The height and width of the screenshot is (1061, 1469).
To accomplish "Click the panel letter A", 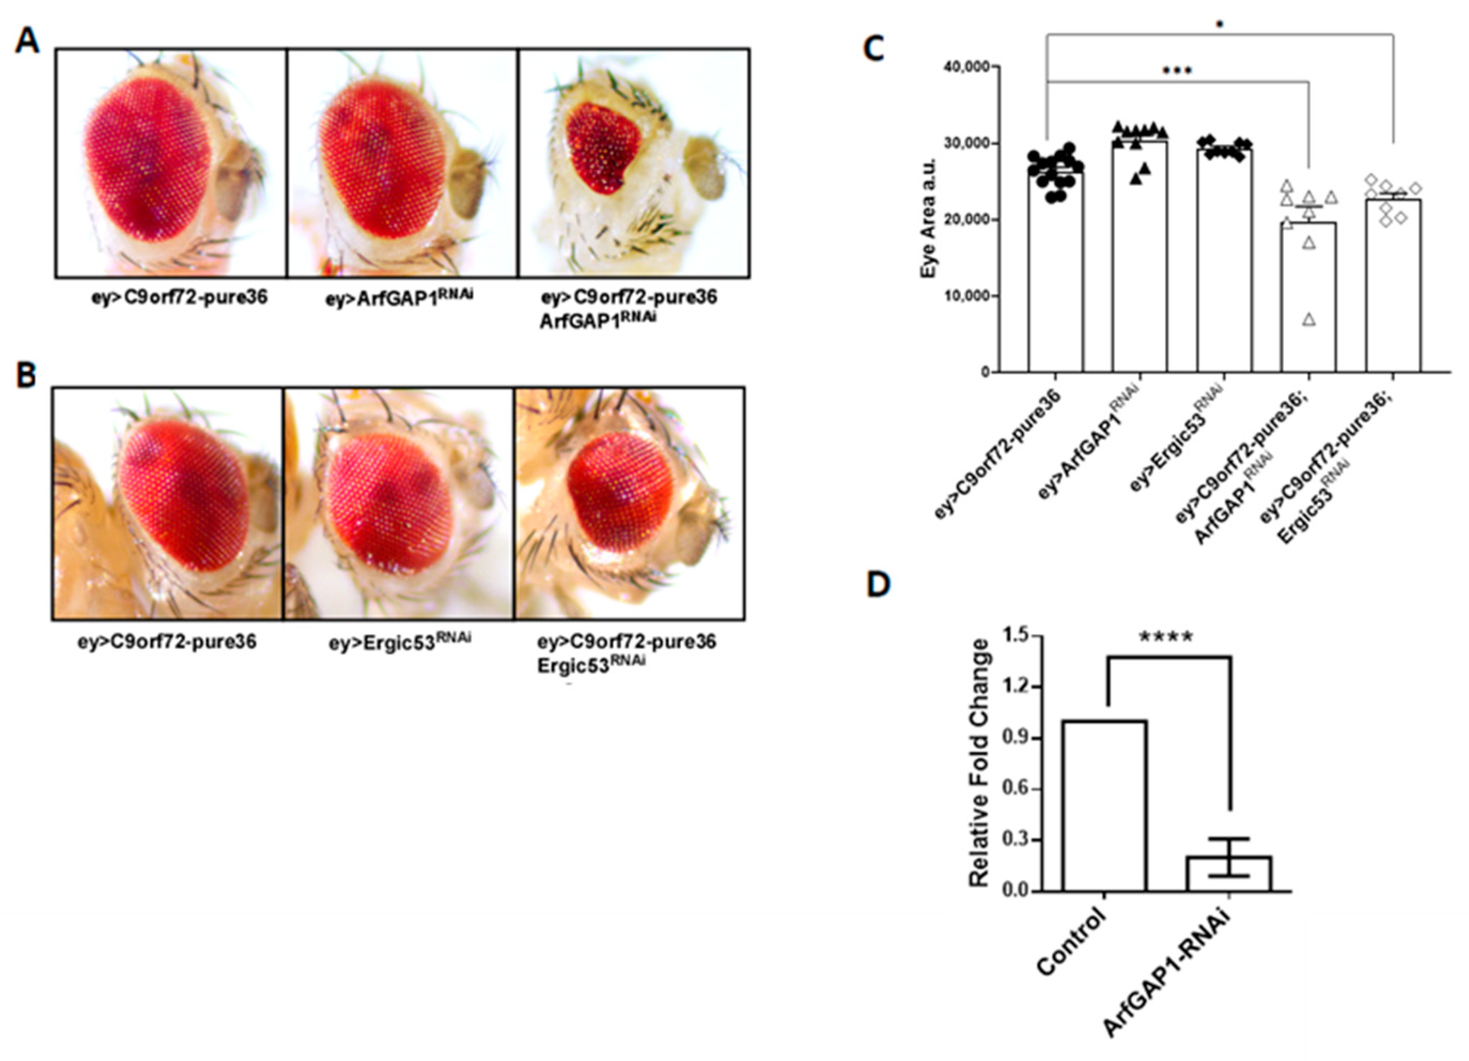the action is click(x=28, y=43).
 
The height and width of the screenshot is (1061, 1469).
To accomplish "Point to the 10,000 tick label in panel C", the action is click(x=958, y=296).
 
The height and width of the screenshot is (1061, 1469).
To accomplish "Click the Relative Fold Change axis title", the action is click(x=980, y=763).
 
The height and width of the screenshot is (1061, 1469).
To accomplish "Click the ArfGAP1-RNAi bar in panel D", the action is click(x=1229, y=874).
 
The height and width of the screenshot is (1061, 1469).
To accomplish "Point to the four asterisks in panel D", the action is click(x=1166, y=638).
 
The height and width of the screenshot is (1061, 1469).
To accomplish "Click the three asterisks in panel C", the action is click(x=1177, y=71).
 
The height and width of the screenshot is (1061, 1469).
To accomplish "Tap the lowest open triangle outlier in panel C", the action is click(x=1309, y=319).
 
